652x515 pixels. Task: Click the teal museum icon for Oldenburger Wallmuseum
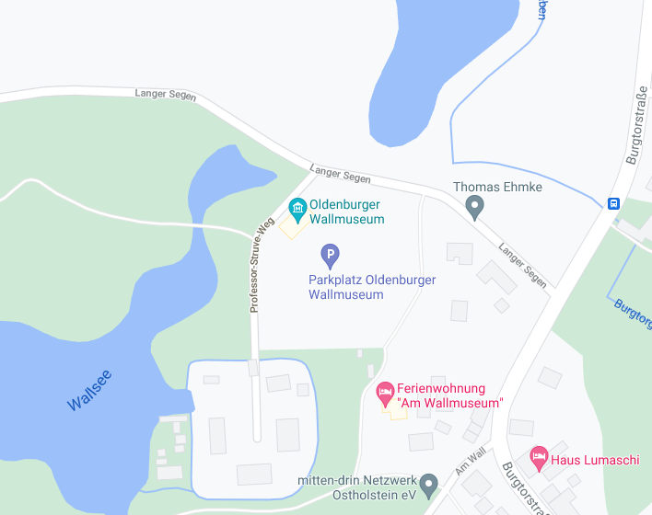coord(297,206)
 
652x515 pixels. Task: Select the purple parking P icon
coord(330,253)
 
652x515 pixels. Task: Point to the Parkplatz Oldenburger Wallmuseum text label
coord(372,287)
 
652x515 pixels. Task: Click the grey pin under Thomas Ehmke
coord(474,207)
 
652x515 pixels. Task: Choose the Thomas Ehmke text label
coord(497,187)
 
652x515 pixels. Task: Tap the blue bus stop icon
coord(613,203)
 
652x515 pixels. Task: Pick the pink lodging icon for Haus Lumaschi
coord(539,457)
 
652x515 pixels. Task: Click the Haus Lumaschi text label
coord(595,460)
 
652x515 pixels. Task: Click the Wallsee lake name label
coord(89,390)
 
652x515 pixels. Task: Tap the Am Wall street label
coord(470,462)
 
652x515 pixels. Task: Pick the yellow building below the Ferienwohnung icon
coord(395,412)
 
